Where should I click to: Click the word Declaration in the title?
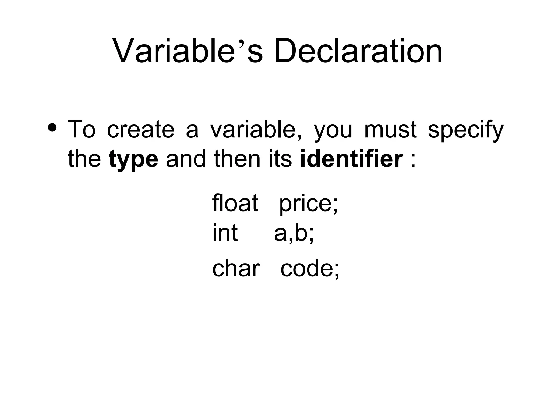tap(358, 51)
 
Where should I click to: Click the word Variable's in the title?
tap(187, 51)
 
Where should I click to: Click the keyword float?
tap(235, 203)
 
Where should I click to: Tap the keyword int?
tap(225, 233)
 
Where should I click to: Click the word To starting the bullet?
tap(82, 129)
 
